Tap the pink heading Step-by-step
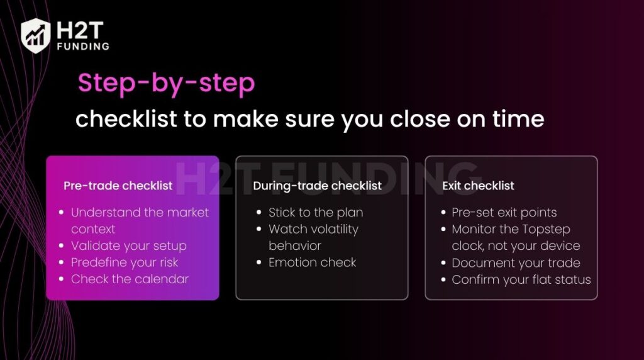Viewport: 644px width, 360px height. (x=166, y=84)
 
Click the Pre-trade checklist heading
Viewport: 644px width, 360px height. (x=118, y=186)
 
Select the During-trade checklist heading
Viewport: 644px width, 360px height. (x=317, y=186)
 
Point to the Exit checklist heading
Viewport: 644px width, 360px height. (x=478, y=186)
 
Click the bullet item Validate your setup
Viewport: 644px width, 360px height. (x=128, y=245)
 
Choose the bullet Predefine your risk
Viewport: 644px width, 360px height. (x=125, y=262)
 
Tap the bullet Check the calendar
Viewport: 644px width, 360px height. (x=130, y=279)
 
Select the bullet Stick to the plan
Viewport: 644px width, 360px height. (x=316, y=213)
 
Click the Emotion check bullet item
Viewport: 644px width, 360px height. (x=312, y=262)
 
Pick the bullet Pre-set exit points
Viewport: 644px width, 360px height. (x=504, y=213)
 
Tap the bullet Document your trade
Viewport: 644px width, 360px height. (x=516, y=263)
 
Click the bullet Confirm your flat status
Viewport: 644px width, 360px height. (x=521, y=279)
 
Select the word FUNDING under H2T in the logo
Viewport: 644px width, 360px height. (x=82, y=46)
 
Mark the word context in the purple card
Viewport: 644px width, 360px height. (x=92, y=229)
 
